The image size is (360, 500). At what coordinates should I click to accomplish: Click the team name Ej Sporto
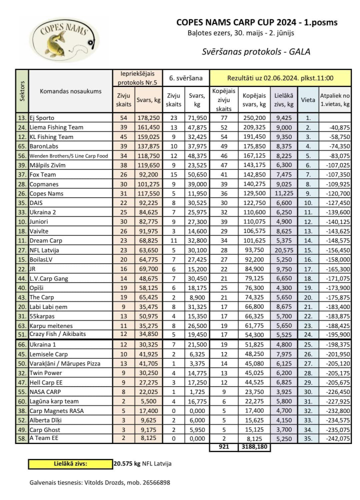(42, 118)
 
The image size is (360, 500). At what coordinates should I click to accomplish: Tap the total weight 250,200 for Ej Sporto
(254, 118)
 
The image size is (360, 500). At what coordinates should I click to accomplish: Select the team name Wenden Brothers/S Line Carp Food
(69, 156)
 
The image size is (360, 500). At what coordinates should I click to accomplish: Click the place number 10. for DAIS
(308, 203)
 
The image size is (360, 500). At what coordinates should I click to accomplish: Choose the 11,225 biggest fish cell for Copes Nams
(284, 194)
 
